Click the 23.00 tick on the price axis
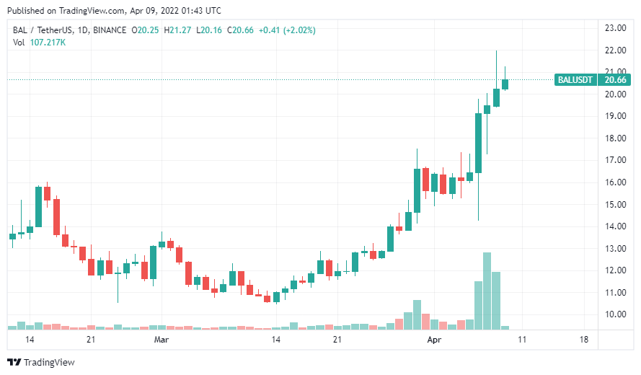click(614, 28)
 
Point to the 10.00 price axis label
click(614, 314)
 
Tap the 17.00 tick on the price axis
click(614, 160)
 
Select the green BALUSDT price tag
click(575, 80)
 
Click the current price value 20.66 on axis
click(615, 80)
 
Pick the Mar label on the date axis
click(162, 338)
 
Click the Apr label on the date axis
click(434, 338)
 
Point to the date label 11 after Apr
click(522, 338)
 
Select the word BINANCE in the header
click(108, 30)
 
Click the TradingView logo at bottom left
click(41, 362)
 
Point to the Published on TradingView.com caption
click(115, 11)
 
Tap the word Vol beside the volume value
click(19, 43)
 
